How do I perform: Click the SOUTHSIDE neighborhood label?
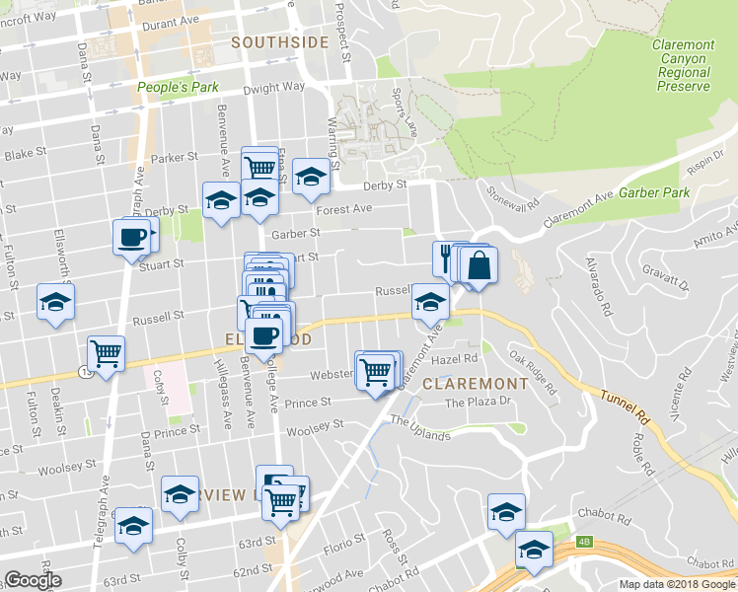tap(279, 42)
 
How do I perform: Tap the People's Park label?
tap(178, 88)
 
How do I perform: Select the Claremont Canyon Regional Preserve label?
tap(683, 65)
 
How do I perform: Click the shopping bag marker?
tap(479, 266)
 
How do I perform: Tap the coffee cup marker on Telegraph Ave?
tap(131, 238)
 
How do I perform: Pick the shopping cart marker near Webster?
tap(375, 372)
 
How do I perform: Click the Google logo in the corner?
tap(33, 581)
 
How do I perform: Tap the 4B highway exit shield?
tap(585, 540)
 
